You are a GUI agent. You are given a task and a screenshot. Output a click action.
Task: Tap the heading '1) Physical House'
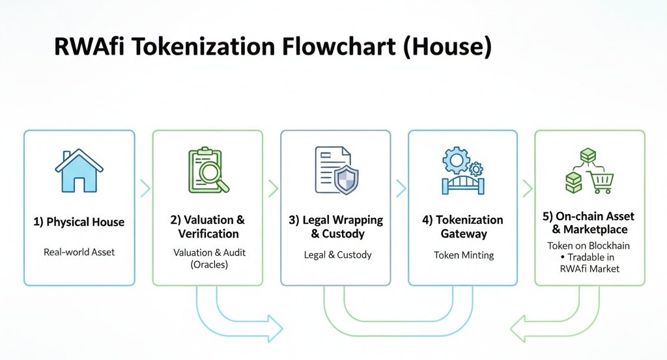[x=79, y=222]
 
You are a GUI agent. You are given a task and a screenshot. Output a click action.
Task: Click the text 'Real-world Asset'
[x=79, y=252]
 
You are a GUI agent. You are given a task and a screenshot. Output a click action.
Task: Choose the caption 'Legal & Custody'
[x=337, y=255]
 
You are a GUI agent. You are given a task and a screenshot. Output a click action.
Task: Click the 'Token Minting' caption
[x=463, y=255]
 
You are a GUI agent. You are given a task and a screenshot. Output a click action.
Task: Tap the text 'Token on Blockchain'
[x=589, y=245]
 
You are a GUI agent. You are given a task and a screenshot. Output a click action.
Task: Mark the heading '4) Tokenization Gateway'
[x=462, y=227]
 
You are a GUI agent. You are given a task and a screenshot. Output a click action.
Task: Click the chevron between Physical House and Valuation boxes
[x=145, y=189]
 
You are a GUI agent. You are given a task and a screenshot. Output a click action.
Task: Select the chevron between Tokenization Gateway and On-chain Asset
[x=527, y=189]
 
